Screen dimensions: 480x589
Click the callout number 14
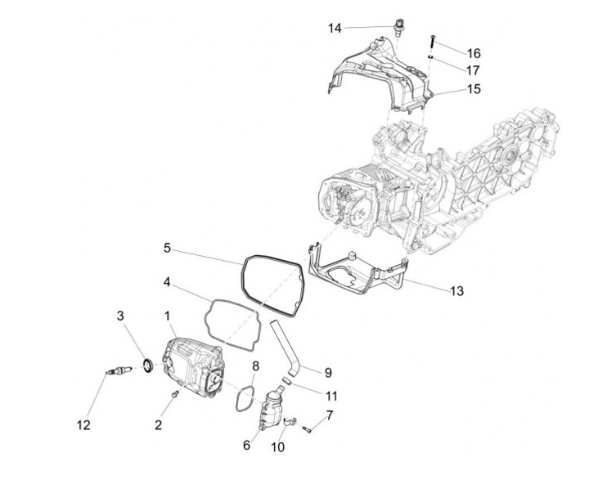tap(335, 29)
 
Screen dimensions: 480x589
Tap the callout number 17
tap(474, 70)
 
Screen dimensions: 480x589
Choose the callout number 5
tap(167, 247)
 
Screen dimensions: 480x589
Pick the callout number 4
tap(167, 282)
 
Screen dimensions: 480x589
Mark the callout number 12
tap(83, 424)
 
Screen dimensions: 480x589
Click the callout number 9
tap(328, 373)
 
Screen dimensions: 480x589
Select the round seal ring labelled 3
tap(146, 363)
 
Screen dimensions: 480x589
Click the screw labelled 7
tap(307, 427)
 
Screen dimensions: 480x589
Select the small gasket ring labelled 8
tap(242, 398)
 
